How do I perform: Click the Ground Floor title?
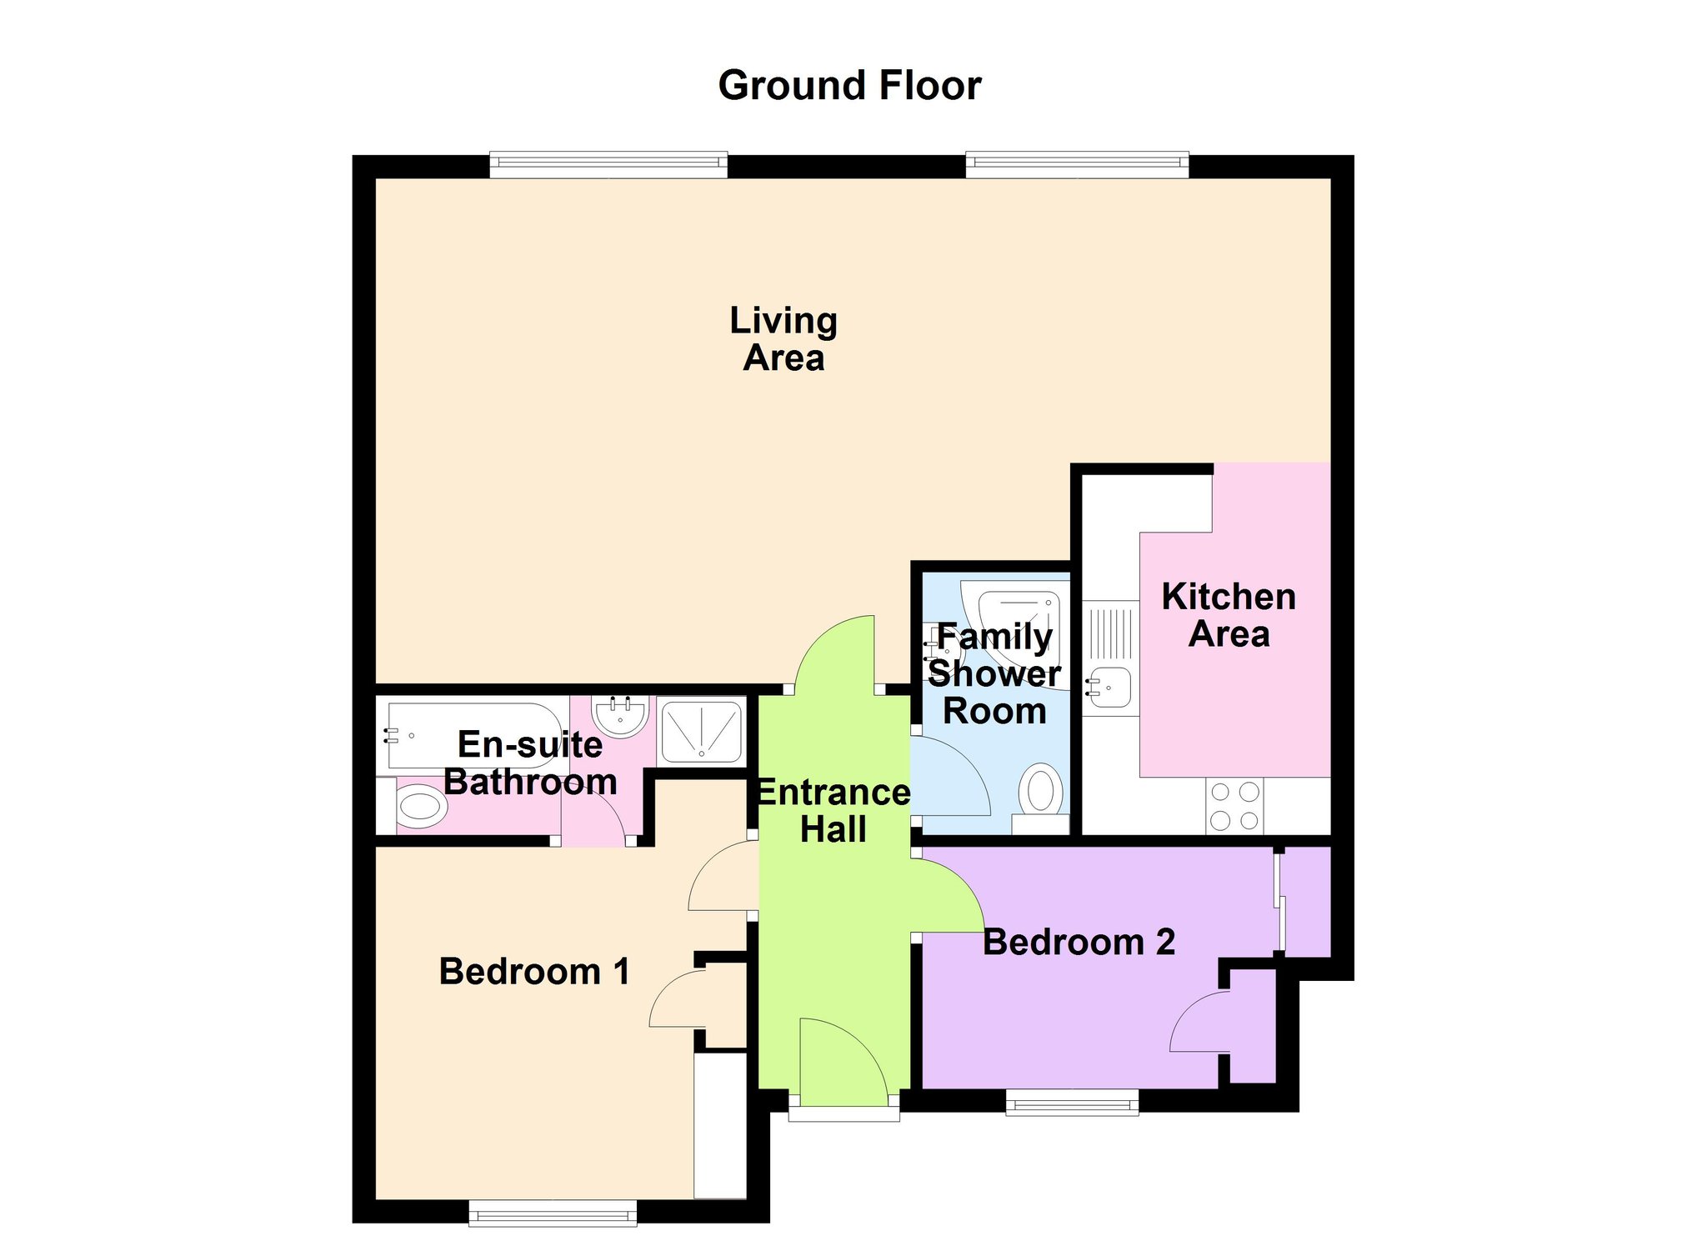pos(849,86)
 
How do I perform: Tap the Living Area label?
pos(783,339)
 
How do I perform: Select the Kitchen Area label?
pos(1229,615)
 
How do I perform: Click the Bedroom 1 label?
pos(534,972)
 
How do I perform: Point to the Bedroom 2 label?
pos(1079,943)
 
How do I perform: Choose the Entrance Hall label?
pos(833,810)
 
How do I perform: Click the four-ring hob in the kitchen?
pos(1234,806)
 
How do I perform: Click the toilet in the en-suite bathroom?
pos(420,807)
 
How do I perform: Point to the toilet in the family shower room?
pos(1040,788)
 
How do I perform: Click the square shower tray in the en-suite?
pos(701,731)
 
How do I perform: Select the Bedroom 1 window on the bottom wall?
pos(553,1213)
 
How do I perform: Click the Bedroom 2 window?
pos(1072,1102)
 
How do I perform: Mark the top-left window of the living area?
pos(608,165)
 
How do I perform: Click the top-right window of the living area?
pos(1077,165)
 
